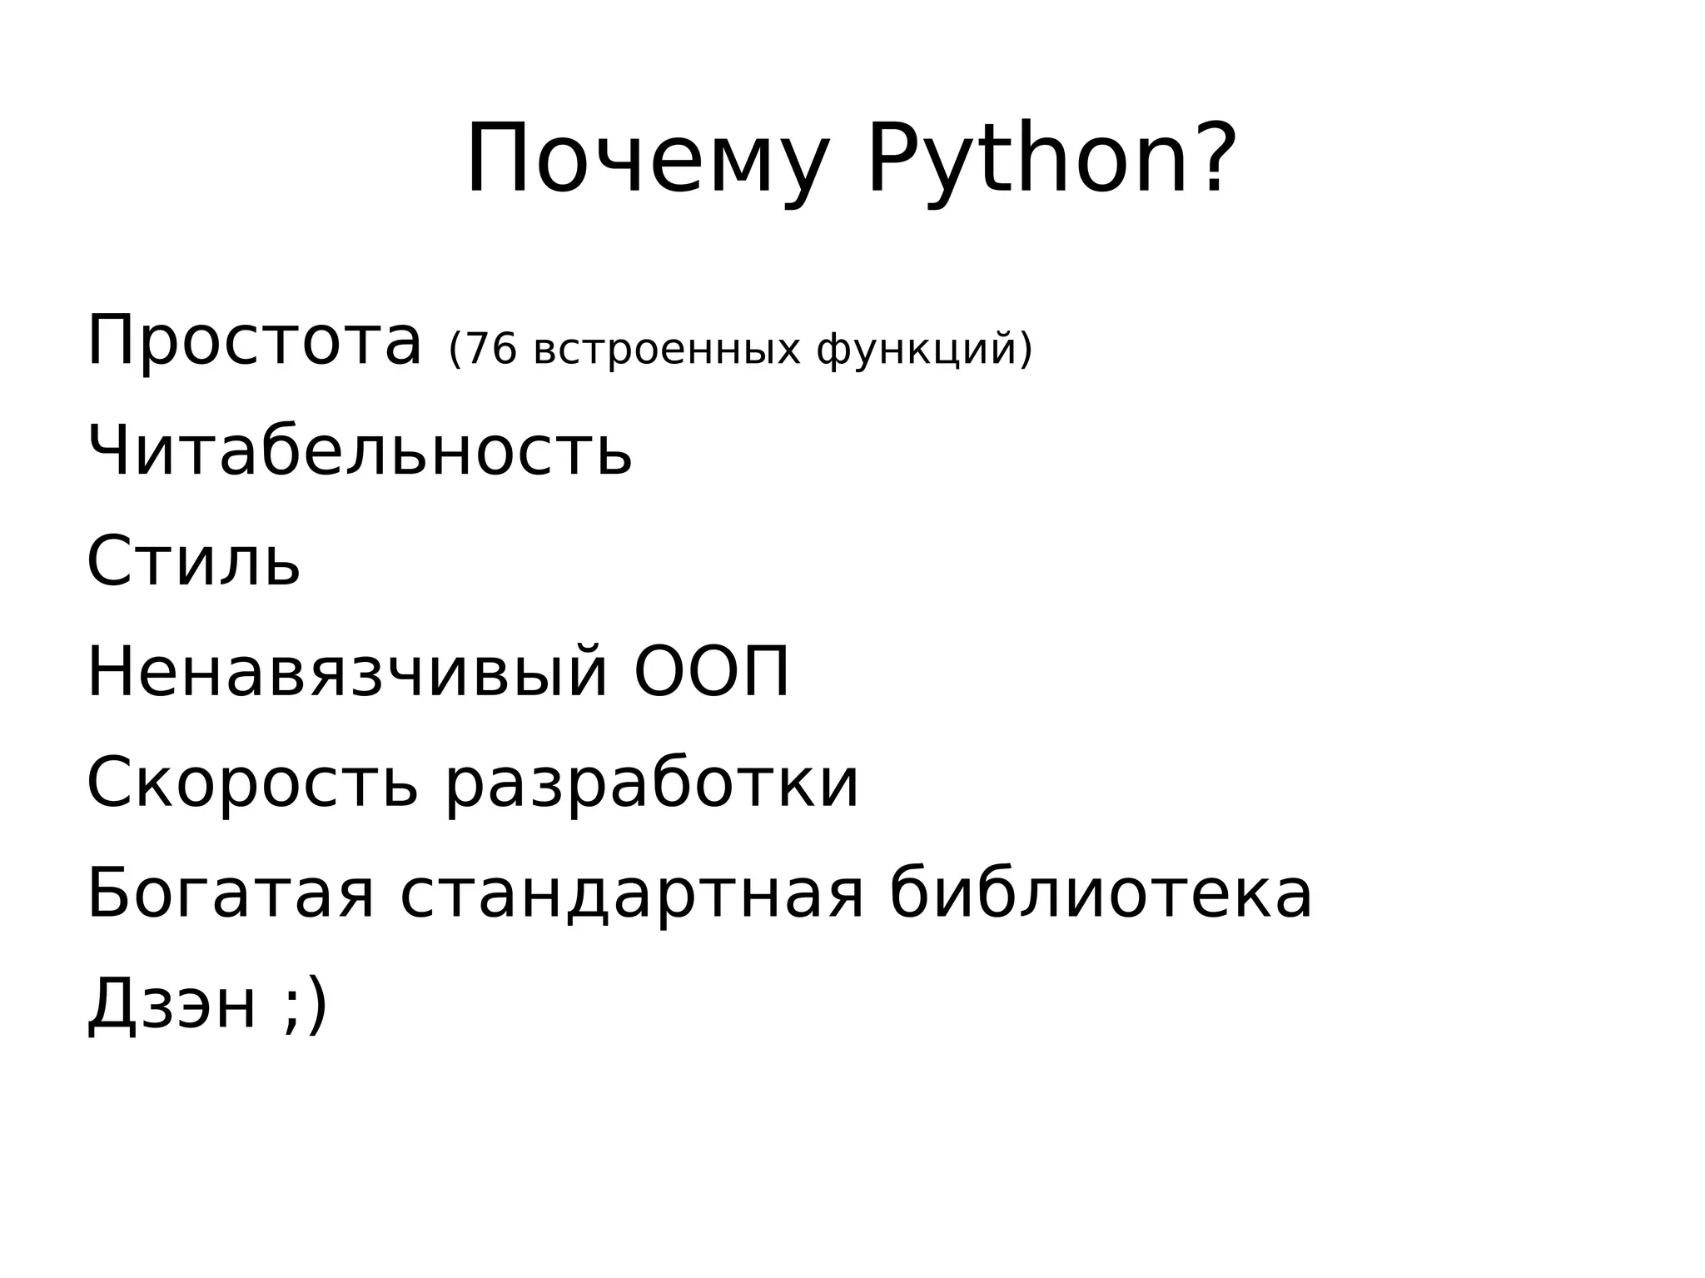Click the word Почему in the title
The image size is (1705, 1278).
648,160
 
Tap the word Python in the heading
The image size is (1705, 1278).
1027,160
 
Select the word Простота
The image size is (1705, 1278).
254,341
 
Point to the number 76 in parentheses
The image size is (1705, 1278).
491,349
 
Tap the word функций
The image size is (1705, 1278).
917,350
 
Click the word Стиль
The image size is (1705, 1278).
193,561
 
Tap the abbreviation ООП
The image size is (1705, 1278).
712,672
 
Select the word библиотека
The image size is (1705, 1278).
1101,894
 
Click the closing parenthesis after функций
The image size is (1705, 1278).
1025,350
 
